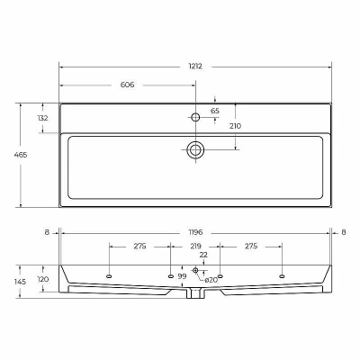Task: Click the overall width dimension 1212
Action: pos(195,67)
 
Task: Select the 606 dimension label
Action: pos(127,85)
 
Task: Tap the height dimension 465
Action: pos(21,155)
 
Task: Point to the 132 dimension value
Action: pos(42,118)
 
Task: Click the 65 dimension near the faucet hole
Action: pos(215,111)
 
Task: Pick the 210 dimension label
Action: pos(235,126)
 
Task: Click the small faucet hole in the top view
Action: pos(195,117)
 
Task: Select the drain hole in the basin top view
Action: pos(195,149)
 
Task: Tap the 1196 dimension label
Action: pos(195,232)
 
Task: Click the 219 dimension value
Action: pos(195,247)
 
